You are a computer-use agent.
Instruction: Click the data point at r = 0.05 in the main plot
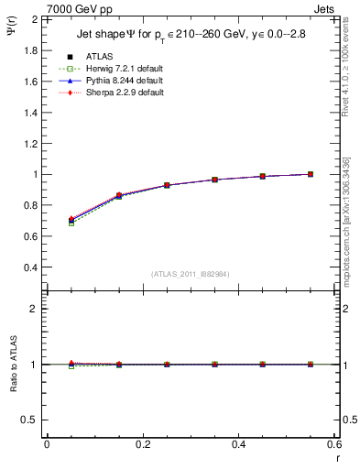tap(71, 220)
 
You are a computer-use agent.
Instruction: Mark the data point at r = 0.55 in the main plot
tap(311, 174)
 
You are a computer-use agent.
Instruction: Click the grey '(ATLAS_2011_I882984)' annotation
tap(191, 274)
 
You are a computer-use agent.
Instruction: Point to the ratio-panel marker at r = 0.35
tap(214, 365)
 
